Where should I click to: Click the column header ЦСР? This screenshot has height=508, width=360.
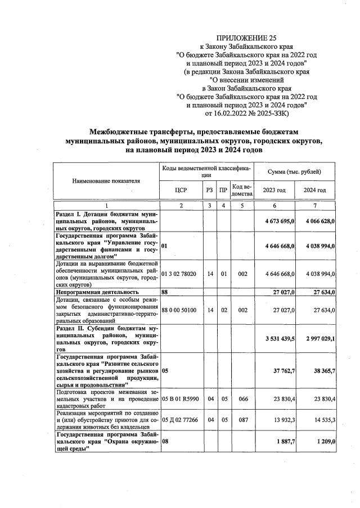[181, 190]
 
